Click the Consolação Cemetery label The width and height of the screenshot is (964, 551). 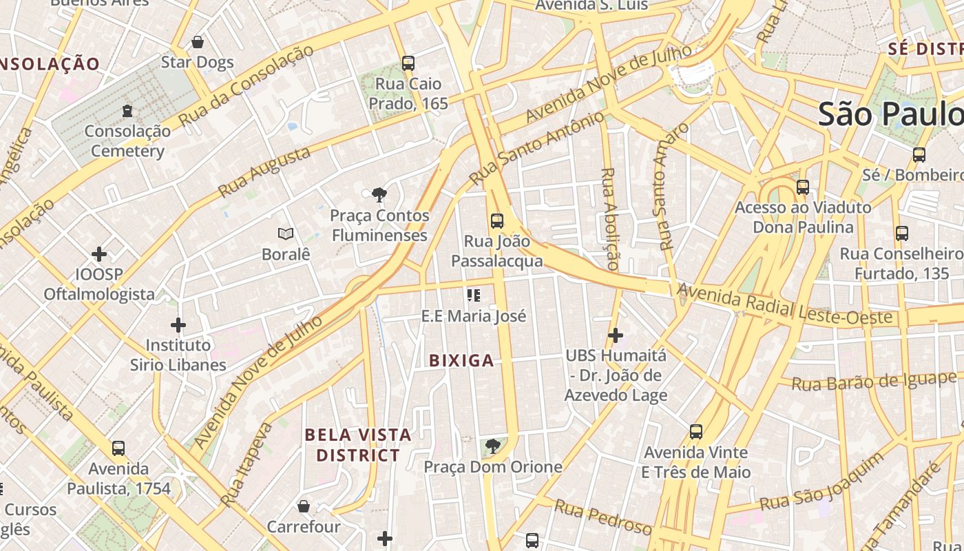click(127, 141)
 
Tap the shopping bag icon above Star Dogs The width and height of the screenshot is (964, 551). click(198, 43)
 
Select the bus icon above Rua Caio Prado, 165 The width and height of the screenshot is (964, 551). click(408, 63)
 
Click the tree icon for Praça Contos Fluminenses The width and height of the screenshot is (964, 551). click(379, 195)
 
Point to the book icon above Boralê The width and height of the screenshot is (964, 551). click(286, 234)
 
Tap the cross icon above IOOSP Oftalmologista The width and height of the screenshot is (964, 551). click(99, 254)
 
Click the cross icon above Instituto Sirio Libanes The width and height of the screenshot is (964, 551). click(178, 325)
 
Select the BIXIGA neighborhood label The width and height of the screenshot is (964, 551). click(461, 360)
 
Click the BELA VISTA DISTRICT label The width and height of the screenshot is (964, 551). click(358, 445)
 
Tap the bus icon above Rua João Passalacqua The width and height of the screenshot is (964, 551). click(497, 221)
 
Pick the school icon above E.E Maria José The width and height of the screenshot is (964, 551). click(474, 295)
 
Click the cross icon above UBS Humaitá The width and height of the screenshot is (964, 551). click(616, 335)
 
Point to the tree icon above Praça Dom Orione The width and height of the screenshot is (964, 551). click(492, 447)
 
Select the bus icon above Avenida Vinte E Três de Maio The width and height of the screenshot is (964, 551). click(696, 433)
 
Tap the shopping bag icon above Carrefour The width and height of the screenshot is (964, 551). click(304, 507)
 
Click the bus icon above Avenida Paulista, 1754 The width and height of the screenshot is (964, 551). click(118, 448)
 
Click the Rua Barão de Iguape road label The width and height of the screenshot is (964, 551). click(874, 381)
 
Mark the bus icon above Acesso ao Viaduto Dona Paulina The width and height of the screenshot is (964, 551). click(803, 187)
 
